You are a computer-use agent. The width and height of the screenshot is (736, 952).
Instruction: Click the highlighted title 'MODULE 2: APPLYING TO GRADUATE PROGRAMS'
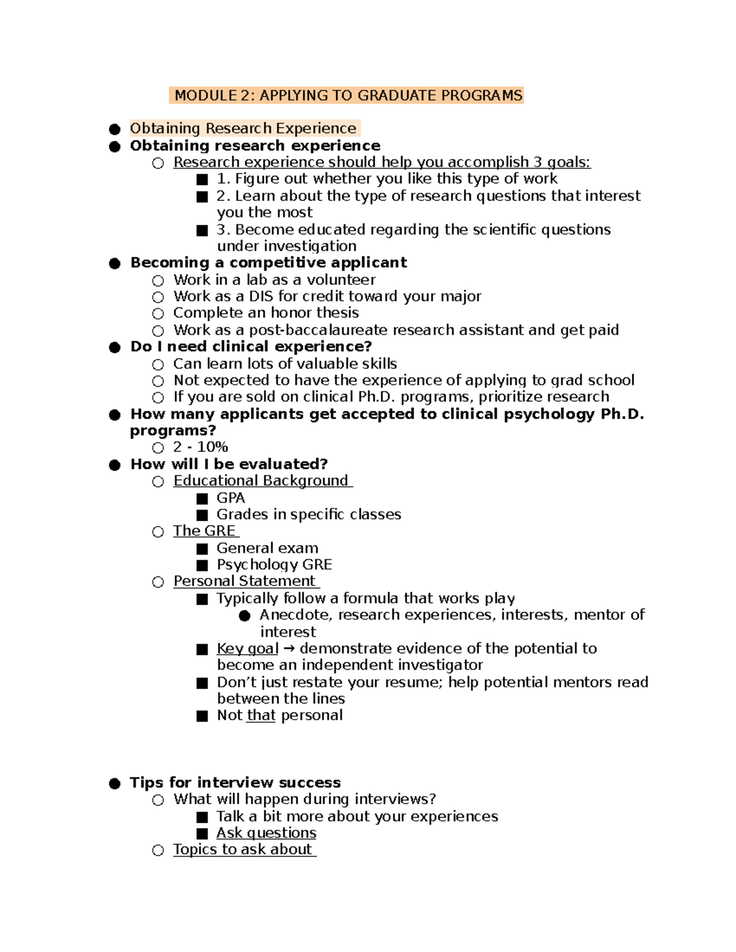(x=348, y=96)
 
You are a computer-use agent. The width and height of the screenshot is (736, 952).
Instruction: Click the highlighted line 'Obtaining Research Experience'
(x=243, y=128)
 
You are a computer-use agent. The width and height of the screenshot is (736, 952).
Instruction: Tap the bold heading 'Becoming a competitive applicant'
(x=268, y=262)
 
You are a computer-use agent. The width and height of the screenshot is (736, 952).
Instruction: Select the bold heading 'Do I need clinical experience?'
(x=251, y=346)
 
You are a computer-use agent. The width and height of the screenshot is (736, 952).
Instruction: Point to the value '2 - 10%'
(x=201, y=447)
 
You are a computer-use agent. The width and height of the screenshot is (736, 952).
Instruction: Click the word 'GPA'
(x=231, y=498)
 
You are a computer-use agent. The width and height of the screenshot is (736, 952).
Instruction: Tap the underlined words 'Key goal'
(x=247, y=649)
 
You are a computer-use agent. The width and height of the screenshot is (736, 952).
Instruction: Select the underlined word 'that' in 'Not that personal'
(x=261, y=715)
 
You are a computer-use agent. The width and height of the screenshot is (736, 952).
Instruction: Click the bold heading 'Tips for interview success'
(x=235, y=783)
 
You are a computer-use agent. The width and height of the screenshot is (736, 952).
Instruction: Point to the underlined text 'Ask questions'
(x=266, y=833)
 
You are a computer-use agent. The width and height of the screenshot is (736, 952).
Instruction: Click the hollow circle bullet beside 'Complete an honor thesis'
(x=158, y=314)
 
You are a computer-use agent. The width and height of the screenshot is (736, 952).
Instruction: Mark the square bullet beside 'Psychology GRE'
(x=202, y=565)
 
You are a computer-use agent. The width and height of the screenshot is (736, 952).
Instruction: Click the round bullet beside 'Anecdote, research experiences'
(x=245, y=615)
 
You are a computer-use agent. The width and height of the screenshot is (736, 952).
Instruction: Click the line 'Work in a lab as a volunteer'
(x=274, y=280)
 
